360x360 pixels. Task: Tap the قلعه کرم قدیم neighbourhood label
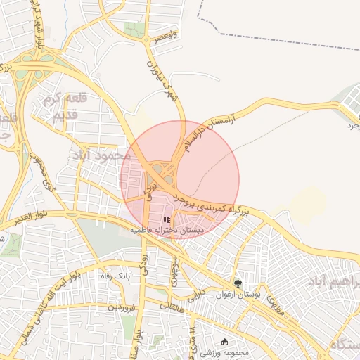click(59, 108)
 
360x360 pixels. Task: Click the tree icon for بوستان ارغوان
click(239, 283)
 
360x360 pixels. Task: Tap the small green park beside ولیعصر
click(131, 29)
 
